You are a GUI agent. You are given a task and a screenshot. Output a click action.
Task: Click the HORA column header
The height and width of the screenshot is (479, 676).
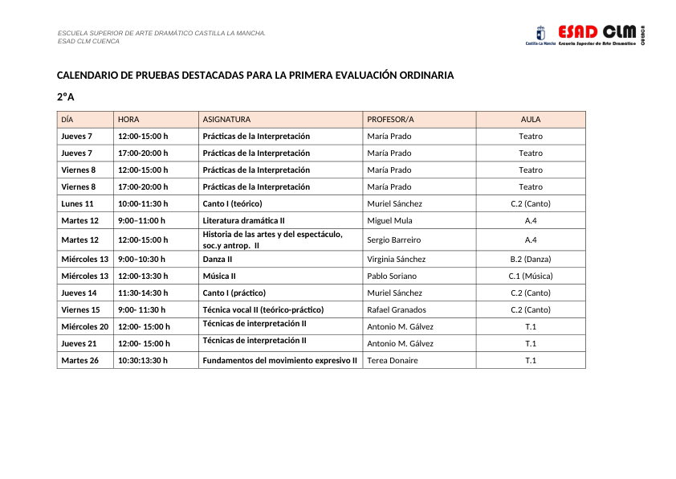pos(128,119)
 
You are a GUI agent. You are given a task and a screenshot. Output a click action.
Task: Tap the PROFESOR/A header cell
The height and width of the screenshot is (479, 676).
pos(390,119)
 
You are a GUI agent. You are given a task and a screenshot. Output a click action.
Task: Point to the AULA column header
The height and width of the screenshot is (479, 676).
pos(531,119)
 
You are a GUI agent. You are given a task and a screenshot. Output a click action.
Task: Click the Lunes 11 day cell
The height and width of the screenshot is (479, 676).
pos(77,203)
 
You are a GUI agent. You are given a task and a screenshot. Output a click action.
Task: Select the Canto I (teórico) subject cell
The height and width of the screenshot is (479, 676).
pos(232,203)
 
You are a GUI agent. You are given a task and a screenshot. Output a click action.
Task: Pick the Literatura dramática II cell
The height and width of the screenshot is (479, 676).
pos(243,220)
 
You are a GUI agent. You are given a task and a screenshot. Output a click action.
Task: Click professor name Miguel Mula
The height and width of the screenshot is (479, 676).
pos(389,220)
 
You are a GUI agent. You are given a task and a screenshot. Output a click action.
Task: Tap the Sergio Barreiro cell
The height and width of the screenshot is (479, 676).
pos(393,239)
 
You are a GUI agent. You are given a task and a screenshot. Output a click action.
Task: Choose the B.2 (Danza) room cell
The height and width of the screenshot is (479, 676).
pos(531,259)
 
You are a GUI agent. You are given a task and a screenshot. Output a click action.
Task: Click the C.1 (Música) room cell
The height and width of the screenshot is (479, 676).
pos(531,276)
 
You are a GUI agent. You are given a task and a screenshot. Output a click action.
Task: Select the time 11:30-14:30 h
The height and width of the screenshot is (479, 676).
pos(143,293)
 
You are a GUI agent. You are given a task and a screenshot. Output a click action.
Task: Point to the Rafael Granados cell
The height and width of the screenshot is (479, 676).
pos(397,309)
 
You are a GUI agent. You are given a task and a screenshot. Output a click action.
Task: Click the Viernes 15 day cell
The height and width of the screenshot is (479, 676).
pos(80,309)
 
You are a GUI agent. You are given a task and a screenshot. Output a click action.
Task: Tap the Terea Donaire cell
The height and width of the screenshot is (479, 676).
pos(393,360)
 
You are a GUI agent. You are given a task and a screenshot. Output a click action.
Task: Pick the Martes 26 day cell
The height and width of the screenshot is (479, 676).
pos(79,360)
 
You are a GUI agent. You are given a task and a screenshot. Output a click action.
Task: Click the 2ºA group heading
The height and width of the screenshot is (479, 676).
pos(65,97)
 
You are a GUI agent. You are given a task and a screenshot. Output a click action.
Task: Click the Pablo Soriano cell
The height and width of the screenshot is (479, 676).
pos(392,276)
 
